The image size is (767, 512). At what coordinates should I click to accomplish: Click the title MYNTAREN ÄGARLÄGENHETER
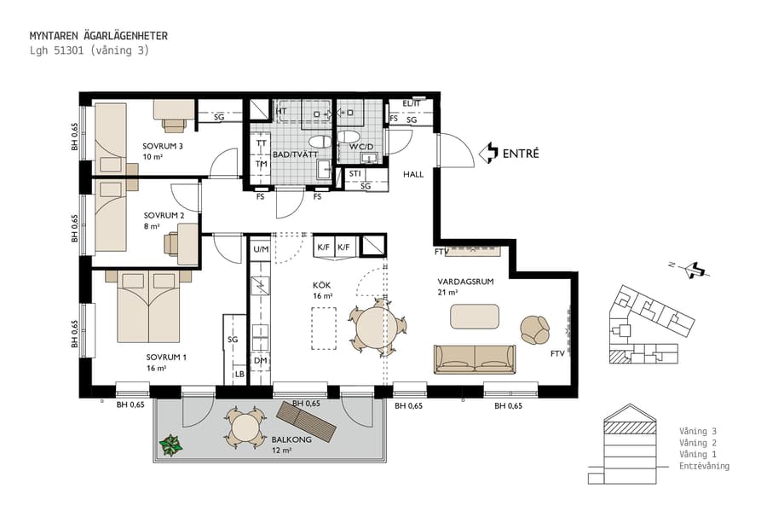pos(98,36)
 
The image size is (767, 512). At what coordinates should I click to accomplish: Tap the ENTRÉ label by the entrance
pos(520,154)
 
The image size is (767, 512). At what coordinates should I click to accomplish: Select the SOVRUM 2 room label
pos(164,215)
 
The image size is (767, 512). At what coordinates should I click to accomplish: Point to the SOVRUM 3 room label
pos(163,146)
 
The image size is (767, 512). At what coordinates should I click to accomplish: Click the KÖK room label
pos(321,285)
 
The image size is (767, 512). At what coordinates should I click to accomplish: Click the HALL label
pos(413,174)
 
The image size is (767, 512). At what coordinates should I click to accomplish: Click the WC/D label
pos(361,147)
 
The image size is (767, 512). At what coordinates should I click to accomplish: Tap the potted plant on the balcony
pos(172,445)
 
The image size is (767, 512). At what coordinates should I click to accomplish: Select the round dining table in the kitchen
pos(378,327)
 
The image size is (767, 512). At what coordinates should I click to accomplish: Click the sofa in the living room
pos(475,359)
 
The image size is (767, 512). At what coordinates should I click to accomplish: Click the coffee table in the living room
pos(475,317)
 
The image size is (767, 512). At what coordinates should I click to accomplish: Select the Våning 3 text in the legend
pos(704,431)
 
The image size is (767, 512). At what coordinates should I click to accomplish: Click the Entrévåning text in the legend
pos(704,466)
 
